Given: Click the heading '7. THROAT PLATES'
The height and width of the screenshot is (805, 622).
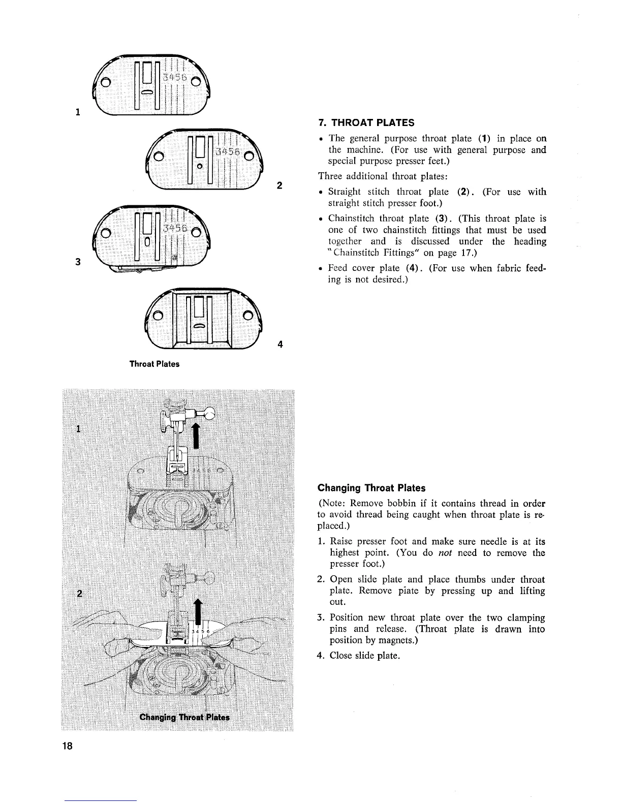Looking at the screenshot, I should [x=366, y=122].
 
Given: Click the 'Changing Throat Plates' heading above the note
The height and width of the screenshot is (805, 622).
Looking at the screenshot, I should [x=371, y=488].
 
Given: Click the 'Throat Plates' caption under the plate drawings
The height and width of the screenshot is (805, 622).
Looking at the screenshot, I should [x=154, y=364].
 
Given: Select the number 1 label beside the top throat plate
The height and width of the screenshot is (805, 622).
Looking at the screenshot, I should [x=78, y=112].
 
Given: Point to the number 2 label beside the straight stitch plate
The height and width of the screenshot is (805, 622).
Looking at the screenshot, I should [x=279, y=185].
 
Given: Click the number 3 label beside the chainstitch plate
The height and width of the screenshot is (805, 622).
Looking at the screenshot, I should [x=78, y=262].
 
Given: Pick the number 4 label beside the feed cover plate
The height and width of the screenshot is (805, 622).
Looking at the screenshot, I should [x=280, y=344].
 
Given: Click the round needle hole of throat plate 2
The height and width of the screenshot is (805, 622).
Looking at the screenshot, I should [x=200, y=166].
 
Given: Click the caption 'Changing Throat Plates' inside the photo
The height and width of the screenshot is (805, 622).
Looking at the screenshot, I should [x=184, y=717].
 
